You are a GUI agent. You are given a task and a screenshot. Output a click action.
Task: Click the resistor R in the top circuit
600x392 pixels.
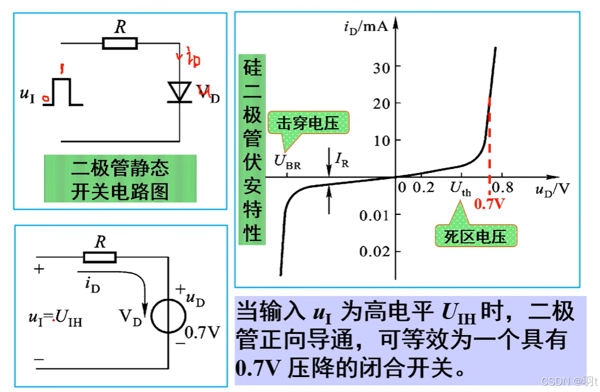(x=120, y=43)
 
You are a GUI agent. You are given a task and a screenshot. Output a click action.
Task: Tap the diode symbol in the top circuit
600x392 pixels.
(x=179, y=93)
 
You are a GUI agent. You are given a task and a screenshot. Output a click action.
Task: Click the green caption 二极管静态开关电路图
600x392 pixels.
(x=120, y=179)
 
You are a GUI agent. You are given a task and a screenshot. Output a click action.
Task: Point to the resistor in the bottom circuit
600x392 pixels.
(x=100, y=258)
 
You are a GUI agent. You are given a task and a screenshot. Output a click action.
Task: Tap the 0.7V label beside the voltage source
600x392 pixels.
(x=202, y=333)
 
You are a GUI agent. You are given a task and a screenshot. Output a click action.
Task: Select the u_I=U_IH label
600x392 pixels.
(x=55, y=317)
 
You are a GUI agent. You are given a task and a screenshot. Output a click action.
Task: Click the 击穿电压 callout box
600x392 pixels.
(x=308, y=124)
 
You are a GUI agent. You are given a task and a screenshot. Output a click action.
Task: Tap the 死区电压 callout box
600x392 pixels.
(x=474, y=236)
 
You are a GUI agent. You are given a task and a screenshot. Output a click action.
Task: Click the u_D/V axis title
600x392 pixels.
(x=552, y=189)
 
